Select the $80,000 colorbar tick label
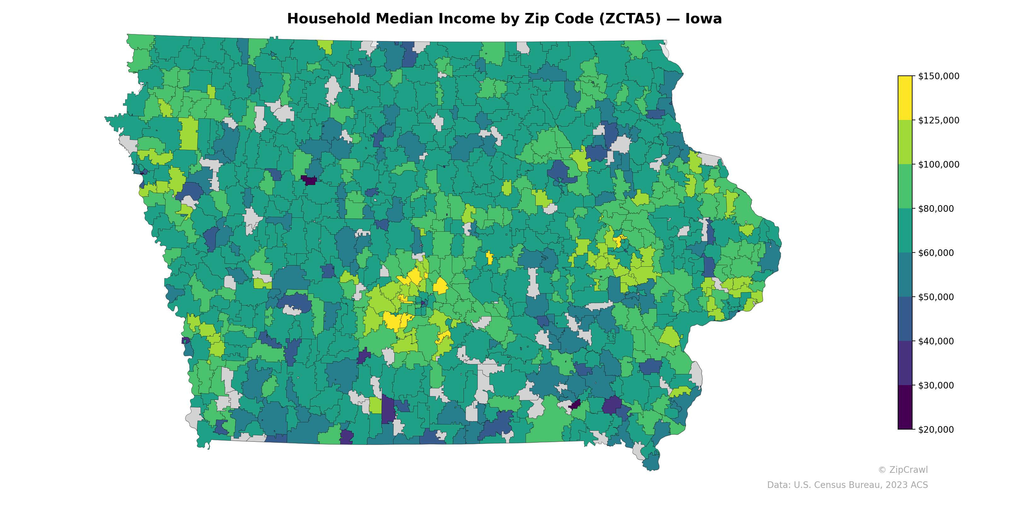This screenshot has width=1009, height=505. pyautogui.click(x=936, y=209)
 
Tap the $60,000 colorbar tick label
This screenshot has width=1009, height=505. pyautogui.click(x=936, y=253)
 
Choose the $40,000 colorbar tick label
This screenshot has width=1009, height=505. pyautogui.click(x=936, y=342)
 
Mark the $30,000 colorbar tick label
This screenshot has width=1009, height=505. pyautogui.click(x=936, y=385)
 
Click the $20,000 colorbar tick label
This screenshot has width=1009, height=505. pyautogui.click(x=936, y=430)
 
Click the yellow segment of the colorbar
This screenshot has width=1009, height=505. pyautogui.click(x=905, y=98)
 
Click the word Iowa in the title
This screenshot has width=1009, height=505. pyautogui.click(x=703, y=19)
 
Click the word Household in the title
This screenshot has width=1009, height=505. pyautogui.click(x=328, y=19)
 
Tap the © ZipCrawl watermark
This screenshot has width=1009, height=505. pyautogui.click(x=903, y=470)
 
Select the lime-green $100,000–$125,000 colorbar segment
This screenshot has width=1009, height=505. pyautogui.click(x=905, y=142)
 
